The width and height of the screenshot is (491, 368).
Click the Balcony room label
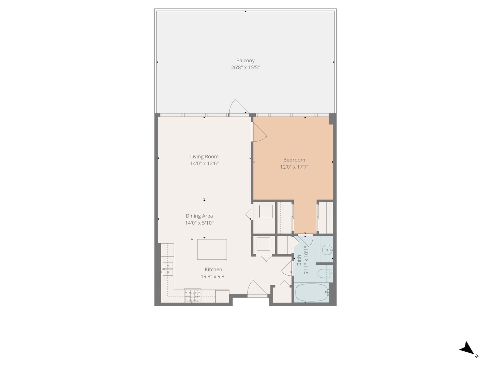tap(245, 61)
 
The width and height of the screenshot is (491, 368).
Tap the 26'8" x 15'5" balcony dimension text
tap(245, 67)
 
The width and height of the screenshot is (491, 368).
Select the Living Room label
tap(204, 157)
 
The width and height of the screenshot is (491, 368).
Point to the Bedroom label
tap(294, 160)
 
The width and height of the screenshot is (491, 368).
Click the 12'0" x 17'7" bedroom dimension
tap(294, 167)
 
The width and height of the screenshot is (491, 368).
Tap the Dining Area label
tap(199, 216)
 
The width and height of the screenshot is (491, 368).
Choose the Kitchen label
tap(213, 270)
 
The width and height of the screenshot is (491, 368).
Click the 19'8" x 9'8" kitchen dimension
tap(213, 277)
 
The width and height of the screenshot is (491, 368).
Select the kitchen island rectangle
tap(212, 249)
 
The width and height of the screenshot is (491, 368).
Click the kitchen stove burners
tap(193, 295)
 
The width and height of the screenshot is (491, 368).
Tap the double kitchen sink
tap(168, 269)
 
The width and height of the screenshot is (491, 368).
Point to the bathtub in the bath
tap(311, 293)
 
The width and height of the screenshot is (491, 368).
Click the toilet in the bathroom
tap(324, 273)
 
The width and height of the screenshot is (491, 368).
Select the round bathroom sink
tap(327, 250)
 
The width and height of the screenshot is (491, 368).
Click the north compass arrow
tap(467, 349)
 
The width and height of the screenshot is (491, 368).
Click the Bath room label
tap(299, 260)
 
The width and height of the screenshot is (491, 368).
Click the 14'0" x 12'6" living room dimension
tap(204, 164)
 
